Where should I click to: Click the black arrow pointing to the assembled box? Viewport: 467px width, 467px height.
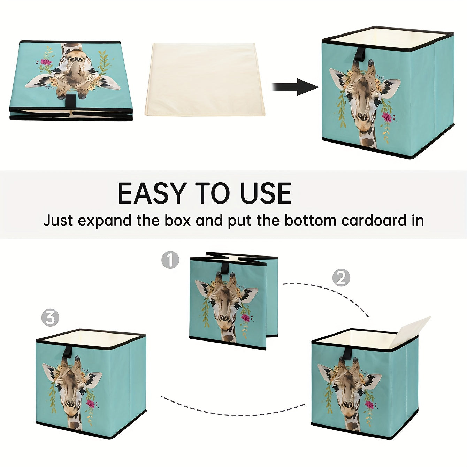click(296, 87)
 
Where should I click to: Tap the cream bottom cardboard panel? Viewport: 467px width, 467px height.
click(205, 79)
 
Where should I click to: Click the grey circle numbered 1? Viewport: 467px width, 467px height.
click(170, 260)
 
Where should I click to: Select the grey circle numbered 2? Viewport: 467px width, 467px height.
click(341, 278)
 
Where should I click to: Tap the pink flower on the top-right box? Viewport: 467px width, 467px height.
click(387, 117)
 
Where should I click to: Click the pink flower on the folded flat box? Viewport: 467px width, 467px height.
click(46, 62)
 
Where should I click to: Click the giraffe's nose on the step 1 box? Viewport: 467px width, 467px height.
click(225, 319)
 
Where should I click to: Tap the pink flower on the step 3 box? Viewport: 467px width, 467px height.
click(90, 404)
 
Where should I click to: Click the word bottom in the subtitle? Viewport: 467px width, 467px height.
click(310, 220)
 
